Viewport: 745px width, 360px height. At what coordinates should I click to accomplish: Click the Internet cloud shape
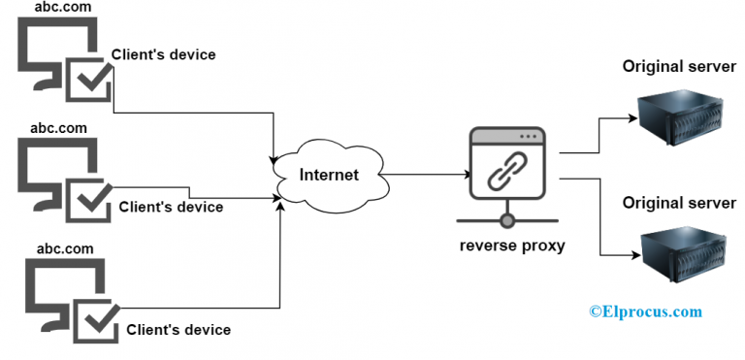[x=327, y=176]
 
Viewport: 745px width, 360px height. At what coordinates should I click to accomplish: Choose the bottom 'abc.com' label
[x=64, y=248]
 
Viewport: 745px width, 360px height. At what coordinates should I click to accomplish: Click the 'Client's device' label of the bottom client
[x=178, y=330]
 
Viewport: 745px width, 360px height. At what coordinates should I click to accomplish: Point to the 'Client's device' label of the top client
[x=163, y=54]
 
